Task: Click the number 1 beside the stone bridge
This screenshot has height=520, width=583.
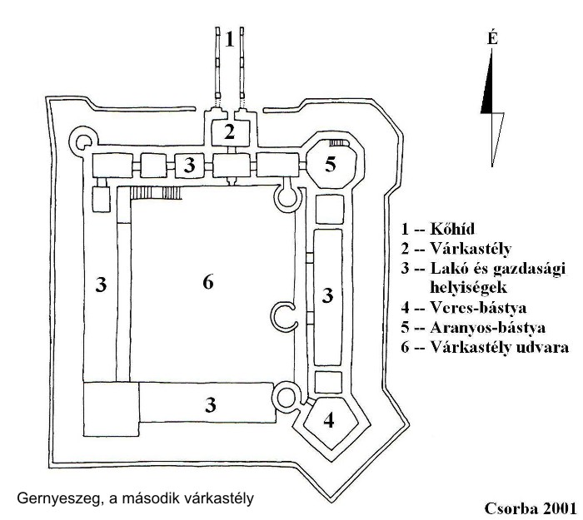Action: click(230, 39)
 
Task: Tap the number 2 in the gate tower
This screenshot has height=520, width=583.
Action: click(230, 131)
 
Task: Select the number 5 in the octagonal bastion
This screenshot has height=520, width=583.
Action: click(331, 164)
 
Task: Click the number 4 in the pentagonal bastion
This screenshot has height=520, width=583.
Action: click(329, 420)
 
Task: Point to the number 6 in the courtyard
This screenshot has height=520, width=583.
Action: click(208, 282)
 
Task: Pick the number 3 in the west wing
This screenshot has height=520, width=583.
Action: click(101, 285)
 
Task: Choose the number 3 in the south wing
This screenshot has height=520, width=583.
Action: click(211, 405)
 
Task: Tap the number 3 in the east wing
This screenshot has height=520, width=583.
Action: click(327, 295)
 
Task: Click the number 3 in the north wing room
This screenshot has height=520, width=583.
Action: click(190, 165)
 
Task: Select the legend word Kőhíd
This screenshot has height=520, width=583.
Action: click(452, 229)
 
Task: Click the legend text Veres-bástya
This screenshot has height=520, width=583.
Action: click(478, 308)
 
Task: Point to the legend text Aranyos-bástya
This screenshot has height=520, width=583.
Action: click(488, 327)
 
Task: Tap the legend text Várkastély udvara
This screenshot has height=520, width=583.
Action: click(500, 347)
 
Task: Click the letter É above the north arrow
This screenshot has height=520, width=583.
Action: click(492, 38)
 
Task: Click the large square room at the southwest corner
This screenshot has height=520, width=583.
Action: click(111, 409)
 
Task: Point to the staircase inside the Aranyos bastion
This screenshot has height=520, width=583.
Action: click(337, 143)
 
